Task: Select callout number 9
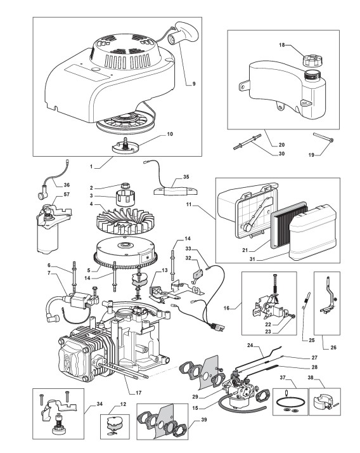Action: [x=194, y=84]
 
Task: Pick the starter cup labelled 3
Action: [x=125, y=198]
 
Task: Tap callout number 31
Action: [x=252, y=259]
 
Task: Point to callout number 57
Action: [x=67, y=194]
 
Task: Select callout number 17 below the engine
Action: [x=138, y=393]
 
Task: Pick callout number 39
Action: [x=204, y=419]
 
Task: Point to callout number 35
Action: [x=186, y=177]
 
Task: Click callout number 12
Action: [x=123, y=404]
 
